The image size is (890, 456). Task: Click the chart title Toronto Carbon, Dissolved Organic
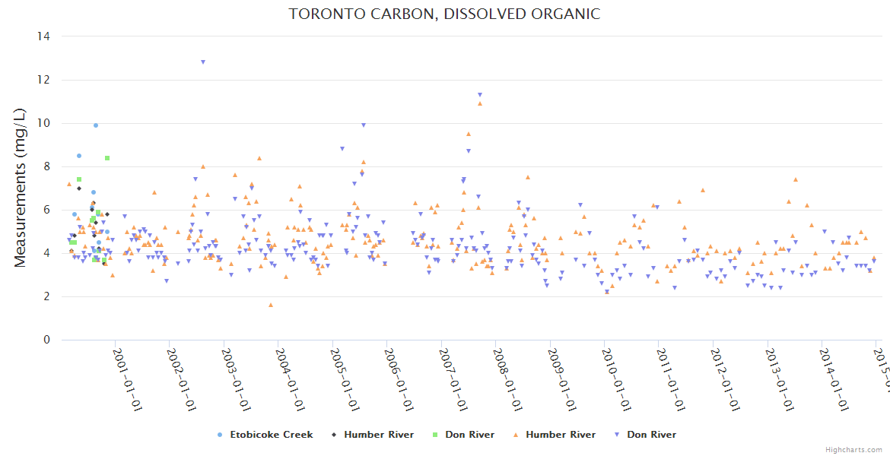tap(444, 14)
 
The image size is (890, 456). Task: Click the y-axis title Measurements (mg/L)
tap(21, 188)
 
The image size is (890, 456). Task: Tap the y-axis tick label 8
tap(46, 166)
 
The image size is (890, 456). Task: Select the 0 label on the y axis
tap(46, 340)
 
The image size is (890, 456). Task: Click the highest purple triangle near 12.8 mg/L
tap(203, 62)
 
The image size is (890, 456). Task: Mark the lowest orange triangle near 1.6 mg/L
tap(271, 305)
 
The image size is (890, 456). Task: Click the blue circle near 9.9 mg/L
tap(96, 125)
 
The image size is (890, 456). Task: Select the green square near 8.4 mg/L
tap(107, 158)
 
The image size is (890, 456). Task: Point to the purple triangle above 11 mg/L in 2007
tap(480, 95)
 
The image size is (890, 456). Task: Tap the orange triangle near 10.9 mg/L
tap(480, 103)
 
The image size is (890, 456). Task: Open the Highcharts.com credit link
tap(853, 449)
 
